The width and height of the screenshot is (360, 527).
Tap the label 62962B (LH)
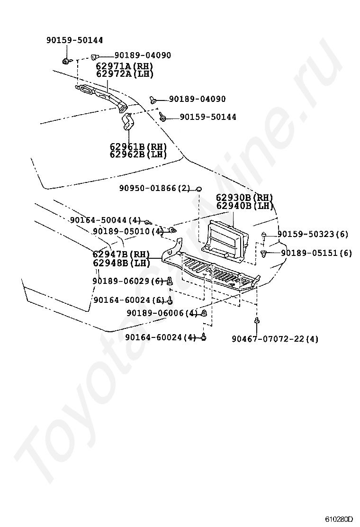click(138, 154)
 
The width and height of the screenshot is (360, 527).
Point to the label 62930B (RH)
click(245, 198)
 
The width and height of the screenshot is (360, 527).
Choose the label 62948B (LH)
click(121, 263)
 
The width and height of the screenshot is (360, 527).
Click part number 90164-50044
click(105, 220)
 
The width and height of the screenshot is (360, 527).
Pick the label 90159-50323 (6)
click(313, 234)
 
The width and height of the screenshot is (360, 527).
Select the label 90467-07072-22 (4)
click(275, 339)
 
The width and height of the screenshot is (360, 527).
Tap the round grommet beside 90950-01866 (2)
click(199, 190)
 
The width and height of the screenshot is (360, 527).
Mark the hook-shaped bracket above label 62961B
click(127, 122)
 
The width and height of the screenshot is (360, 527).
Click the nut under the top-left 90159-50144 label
click(66, 61)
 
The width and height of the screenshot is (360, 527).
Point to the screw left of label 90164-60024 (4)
click(204, 337)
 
